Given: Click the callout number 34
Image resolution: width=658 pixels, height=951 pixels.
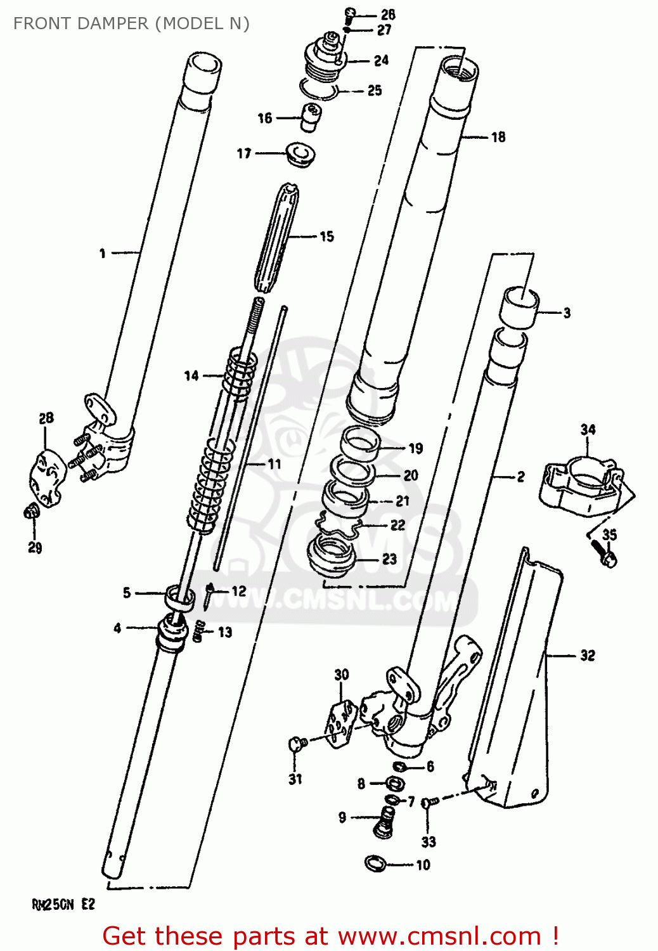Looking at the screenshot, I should [x=588, y=429].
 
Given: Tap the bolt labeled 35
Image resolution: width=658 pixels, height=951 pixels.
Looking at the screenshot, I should [x=605, y=555].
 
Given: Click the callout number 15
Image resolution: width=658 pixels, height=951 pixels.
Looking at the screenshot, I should [x=326, y=236].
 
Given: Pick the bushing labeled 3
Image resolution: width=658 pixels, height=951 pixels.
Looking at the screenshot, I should [x=520, y=307].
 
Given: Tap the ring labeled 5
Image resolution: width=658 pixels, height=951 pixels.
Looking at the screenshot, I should [x=180, y=598].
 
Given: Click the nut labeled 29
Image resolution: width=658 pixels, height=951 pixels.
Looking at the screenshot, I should [x=31, y=511].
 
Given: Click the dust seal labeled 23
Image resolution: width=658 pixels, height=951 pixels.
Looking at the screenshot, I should [x=330, y=556].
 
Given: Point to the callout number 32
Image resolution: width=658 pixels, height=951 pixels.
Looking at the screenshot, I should [x=588, y=655].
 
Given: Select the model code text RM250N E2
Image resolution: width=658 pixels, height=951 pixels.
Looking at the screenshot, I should [x=63, y=905].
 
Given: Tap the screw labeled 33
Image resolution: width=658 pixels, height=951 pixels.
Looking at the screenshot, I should [x=429, y=803].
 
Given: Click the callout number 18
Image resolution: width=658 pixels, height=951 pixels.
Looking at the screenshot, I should [x=498, y=137].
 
